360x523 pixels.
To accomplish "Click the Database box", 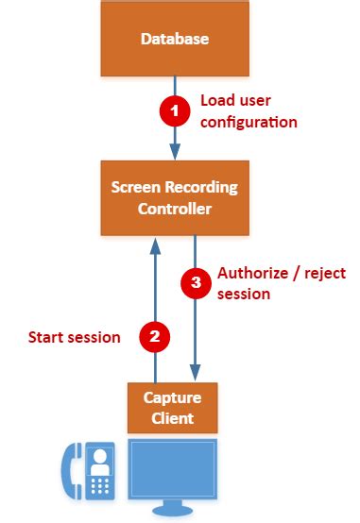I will point(174,39).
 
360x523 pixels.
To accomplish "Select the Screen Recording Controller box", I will point(174,197).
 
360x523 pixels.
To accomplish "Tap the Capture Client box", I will point(174,407).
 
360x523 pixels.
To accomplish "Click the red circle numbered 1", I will point(173,111).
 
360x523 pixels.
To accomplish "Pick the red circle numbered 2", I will point(153,335).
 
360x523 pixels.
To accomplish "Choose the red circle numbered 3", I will point(195,282).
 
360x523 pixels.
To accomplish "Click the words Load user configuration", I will point(249,111).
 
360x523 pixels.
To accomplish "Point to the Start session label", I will point(74,336).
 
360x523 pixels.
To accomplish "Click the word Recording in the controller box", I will point(201,187).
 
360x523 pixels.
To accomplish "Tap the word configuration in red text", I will point(249,122).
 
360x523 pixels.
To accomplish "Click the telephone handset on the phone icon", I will point(69,470).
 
